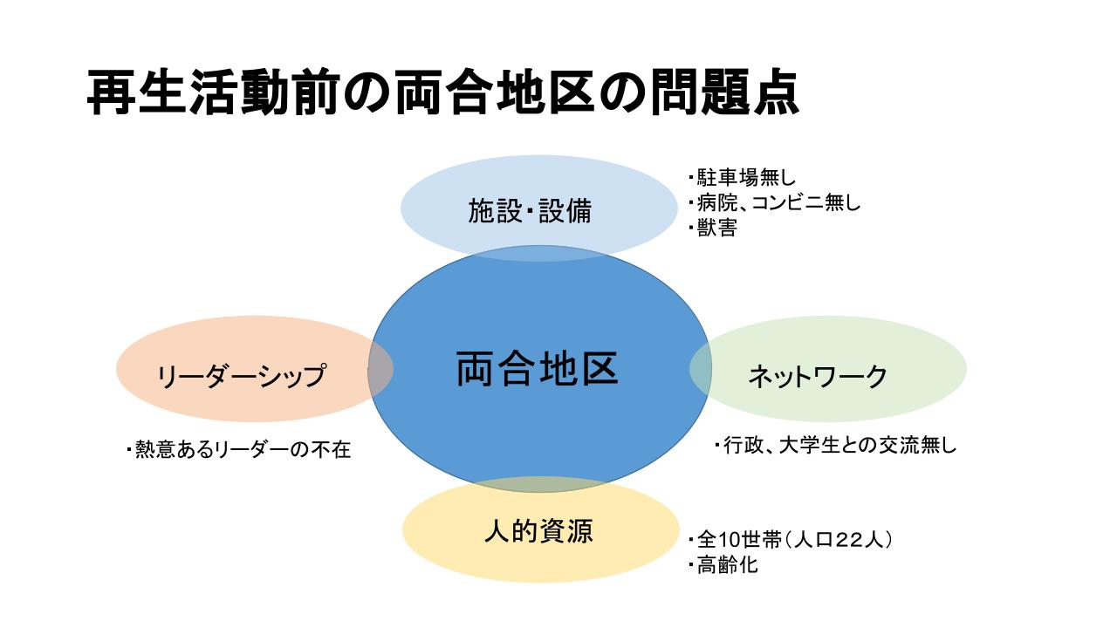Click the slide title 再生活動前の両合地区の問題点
[x=442, y=93]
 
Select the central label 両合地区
[x=537, y=369]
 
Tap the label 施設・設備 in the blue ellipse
[x=530, y=210]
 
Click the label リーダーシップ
[x=241, y=376]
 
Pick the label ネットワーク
[x=818, y=376]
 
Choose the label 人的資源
[x=538, y=531]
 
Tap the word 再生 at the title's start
[x=136, y=93]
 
